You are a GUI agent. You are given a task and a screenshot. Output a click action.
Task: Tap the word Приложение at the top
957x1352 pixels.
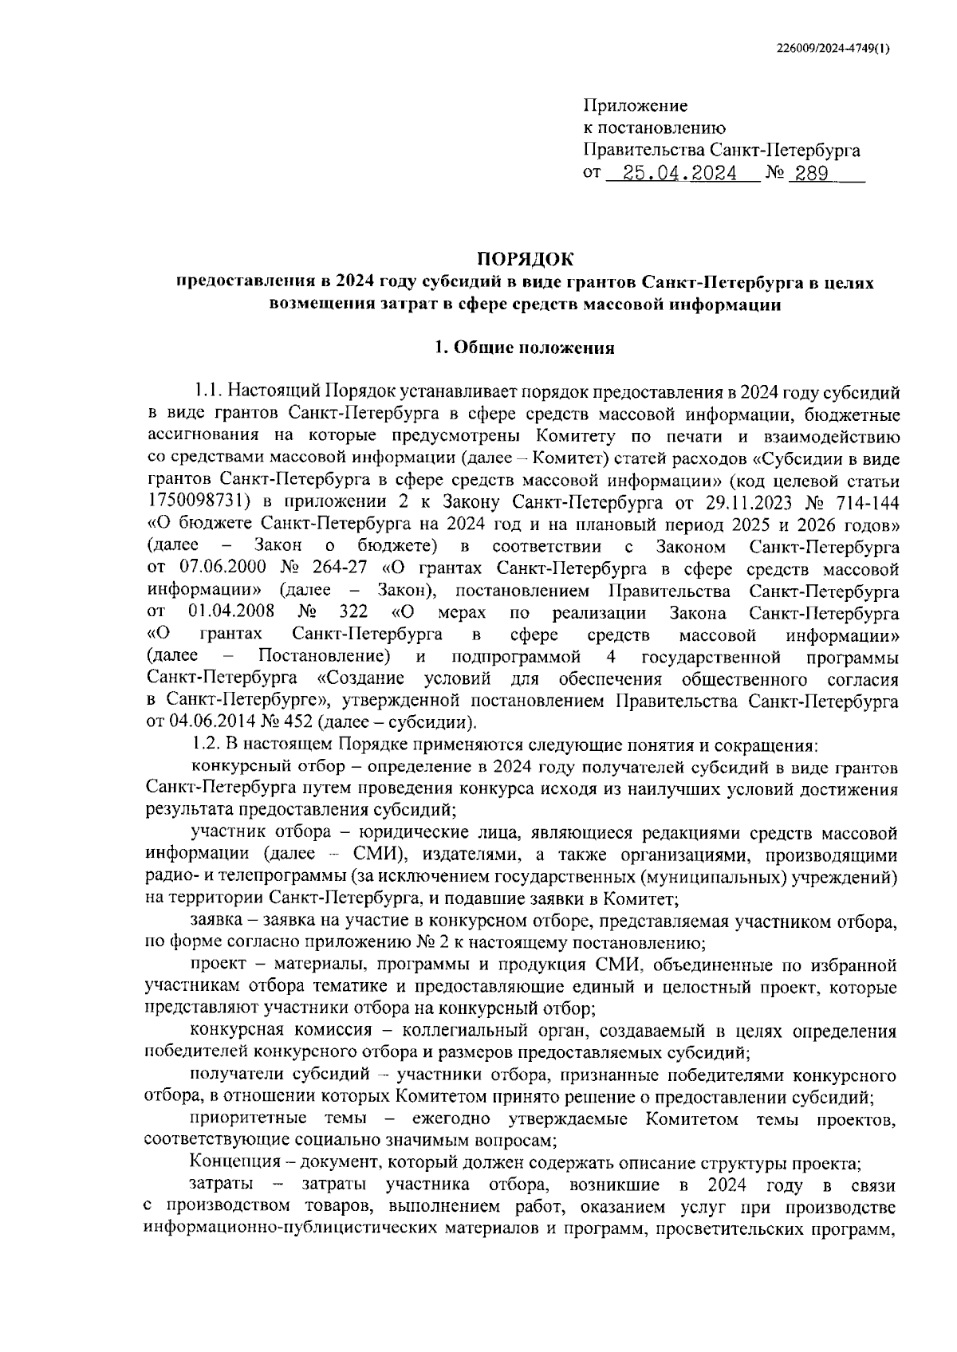pos(636,105)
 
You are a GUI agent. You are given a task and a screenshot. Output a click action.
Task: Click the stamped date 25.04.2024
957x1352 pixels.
pos(680,173)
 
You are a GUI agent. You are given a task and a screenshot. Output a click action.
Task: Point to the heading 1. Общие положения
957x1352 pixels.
pos(523,348)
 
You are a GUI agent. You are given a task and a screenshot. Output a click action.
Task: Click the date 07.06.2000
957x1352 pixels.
pos(210,569)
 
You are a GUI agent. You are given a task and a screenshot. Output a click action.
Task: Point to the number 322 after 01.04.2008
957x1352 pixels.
pos(353,613)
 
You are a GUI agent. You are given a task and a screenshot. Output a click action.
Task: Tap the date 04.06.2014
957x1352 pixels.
pos(210,724)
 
